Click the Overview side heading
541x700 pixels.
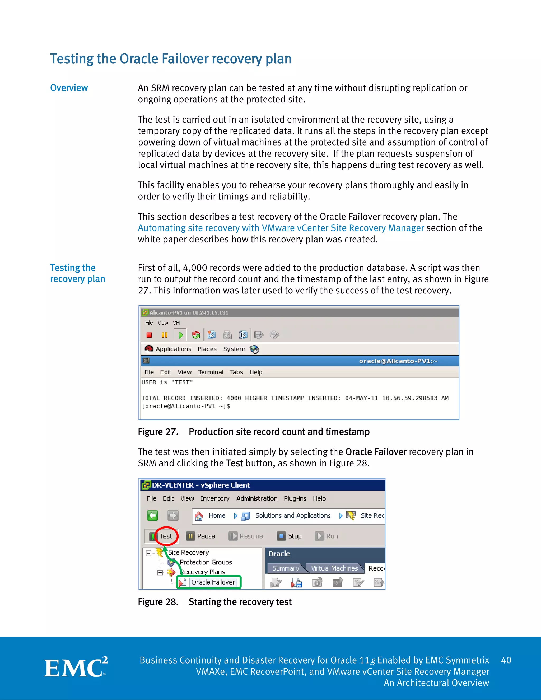click(69, 88)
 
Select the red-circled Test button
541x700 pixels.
click(166, 536)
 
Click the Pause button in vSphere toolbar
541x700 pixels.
click(201, 536)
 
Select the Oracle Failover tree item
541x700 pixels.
click(213, 582)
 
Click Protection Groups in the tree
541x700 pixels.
click(206, 562)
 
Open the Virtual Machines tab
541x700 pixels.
click(334, 568)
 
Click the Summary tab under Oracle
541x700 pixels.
click(285, 568)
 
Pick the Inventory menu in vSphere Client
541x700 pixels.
click(215, 498)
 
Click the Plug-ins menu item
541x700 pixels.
click(295, 498)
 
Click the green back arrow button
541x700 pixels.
click(153, 515)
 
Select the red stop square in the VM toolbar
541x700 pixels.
click(149, 335)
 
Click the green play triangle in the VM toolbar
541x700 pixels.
click(180, 335)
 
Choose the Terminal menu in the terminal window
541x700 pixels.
click(211, 372)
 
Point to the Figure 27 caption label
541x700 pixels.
click(158, 432)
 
